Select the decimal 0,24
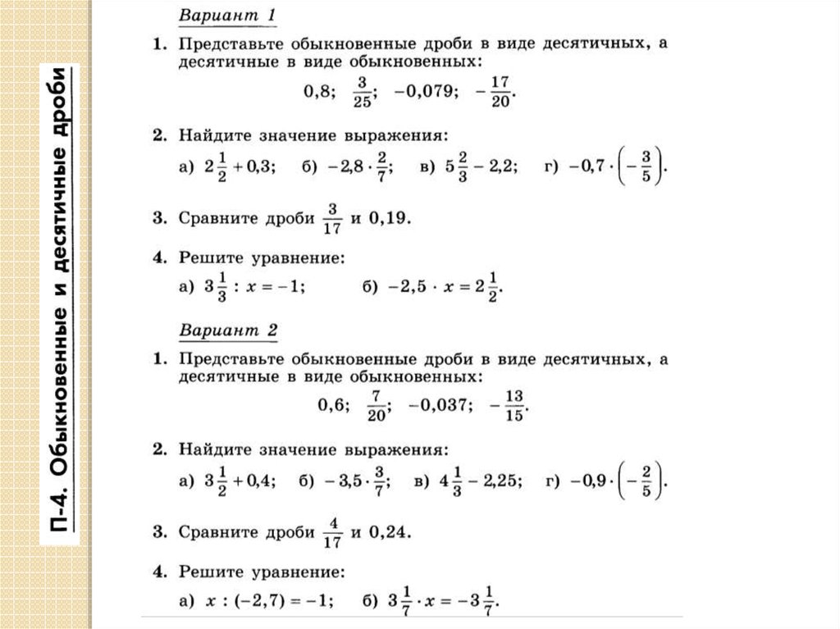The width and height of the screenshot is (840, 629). pyautogui.click(x=386, y=532)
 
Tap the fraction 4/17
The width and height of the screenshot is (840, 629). pyautogui.click(x=332, y=532)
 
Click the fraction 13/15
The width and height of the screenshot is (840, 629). pyautogui.click(x=514, y=404)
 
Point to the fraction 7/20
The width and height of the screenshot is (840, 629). pyautogui.click(x=377, y=404)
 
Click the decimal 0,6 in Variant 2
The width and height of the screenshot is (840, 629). pyautogui.click(x=333, y=404)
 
